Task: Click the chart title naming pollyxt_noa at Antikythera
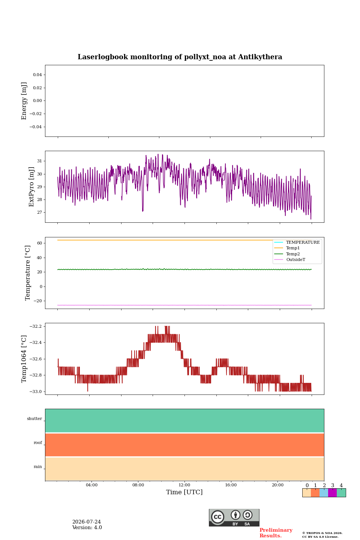point(180,57)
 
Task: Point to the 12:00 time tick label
point(184,485)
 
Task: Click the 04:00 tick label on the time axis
point(91,485)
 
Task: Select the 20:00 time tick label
point(277,485)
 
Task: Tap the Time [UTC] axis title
point(184,492)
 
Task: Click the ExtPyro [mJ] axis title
point(31,187)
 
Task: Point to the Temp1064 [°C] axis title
point(24,359)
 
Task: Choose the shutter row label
point(34,418)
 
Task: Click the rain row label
point(37,466)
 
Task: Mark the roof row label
point(38,442)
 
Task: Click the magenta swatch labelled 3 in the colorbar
point(332,493)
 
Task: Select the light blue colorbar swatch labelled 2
point(324,493)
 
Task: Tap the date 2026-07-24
point(87,522)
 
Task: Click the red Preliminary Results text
point(276,533)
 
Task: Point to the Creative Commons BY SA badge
point(234,517)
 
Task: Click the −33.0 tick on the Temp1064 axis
point(36,391)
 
